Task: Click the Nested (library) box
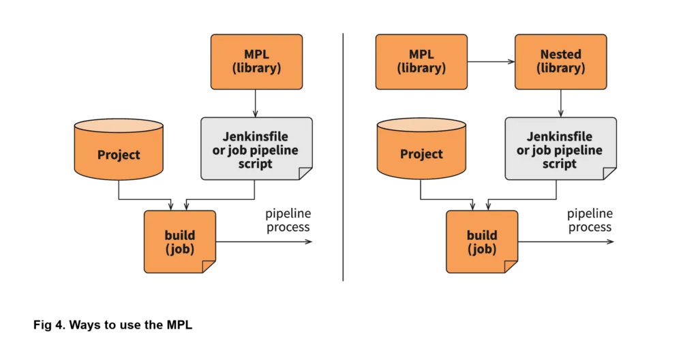560,62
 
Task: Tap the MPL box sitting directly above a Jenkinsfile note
256,62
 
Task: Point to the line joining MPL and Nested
491,63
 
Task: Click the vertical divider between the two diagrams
343,157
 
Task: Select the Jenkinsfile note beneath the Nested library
560,148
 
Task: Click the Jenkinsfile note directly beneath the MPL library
256,148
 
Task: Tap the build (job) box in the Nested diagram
482,241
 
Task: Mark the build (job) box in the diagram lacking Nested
179,241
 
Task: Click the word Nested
560,54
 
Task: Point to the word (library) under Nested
560,68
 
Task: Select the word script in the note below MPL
256,164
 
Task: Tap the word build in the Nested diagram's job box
482,235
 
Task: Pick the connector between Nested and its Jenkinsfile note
560,103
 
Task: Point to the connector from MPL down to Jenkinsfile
256,103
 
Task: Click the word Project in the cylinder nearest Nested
421,154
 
